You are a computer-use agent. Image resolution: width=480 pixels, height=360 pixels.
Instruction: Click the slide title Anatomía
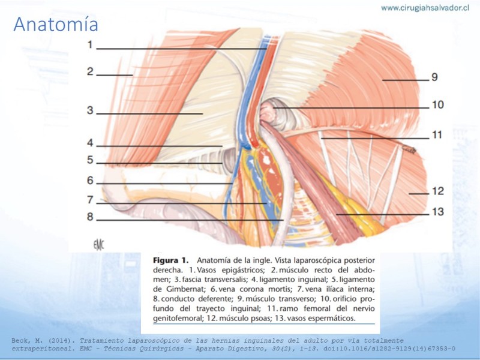56,25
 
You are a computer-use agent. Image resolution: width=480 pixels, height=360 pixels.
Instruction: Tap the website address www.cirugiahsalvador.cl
425,8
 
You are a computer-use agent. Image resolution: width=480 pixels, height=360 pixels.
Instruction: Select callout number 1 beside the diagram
89,44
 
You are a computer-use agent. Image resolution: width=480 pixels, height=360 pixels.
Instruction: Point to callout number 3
89,110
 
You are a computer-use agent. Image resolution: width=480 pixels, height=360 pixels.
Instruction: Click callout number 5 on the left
89,160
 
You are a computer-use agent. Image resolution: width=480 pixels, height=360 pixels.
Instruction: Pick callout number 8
89,217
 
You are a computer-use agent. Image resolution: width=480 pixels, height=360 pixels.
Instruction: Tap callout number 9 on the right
434,77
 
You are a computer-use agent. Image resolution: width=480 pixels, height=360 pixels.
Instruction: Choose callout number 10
438,105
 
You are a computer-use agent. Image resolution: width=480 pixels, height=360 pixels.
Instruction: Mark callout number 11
437,135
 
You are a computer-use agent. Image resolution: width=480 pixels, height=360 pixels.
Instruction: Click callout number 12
438,191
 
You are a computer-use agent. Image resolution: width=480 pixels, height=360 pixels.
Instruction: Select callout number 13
438,212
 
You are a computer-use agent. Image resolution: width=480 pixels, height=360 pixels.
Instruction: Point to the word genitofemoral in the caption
178,319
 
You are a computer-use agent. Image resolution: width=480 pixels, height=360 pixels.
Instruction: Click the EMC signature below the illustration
98,245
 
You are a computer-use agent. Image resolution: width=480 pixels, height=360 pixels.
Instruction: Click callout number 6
89,181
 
